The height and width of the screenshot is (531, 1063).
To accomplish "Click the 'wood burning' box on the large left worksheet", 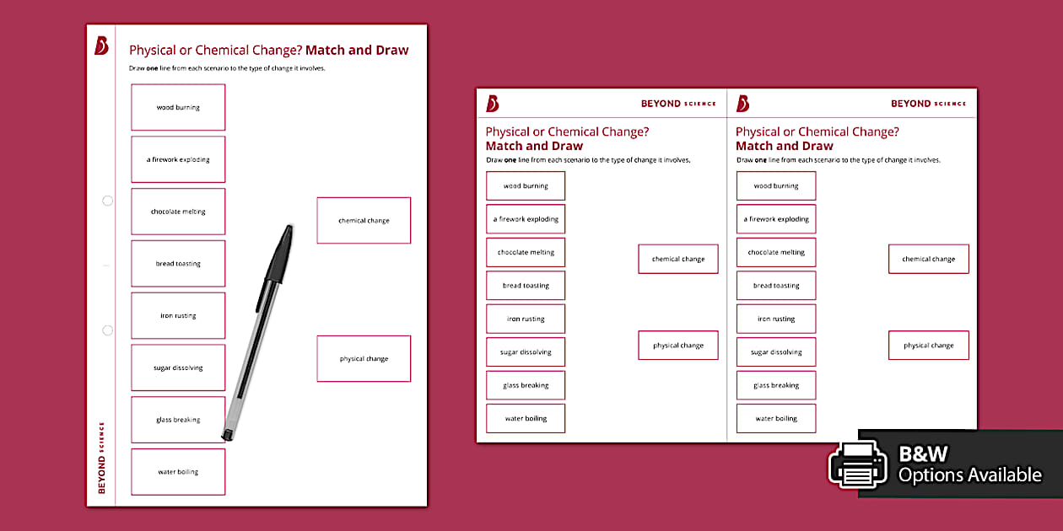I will [x=178, y=107].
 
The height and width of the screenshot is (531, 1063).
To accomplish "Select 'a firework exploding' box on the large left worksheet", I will [x=178, y=159].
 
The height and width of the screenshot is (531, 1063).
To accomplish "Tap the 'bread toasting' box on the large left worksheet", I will [x=178, y=264].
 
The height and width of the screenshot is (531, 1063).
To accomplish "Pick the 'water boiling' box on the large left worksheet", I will [x=178, y=472].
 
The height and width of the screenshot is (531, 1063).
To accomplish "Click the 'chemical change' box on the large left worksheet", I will [x=364, y=221].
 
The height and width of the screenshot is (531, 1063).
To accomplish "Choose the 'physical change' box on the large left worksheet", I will [x=364, y=359].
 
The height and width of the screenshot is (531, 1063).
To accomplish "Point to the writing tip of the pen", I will [x=226, y=437].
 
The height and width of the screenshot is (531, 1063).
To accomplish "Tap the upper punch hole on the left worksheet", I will [x=107, y=201].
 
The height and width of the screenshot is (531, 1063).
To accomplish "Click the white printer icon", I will [x=857, y=464].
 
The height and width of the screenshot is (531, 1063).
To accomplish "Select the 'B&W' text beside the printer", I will [x=923, y=454].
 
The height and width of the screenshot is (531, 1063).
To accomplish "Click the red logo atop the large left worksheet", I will [x=101, y=46].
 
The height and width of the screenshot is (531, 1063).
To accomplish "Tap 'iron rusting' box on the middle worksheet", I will [x=526, y=319].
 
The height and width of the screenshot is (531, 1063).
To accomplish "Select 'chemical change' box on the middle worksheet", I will [x=678, y=260].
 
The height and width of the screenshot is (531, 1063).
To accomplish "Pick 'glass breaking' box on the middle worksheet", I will [x=526, y=385].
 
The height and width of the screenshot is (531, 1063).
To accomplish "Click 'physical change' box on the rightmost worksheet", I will [x=928, y=346].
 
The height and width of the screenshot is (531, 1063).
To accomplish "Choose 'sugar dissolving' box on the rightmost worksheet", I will [x=776, y=352].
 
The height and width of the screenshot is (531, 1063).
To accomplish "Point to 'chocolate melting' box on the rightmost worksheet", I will [x=776, y=252].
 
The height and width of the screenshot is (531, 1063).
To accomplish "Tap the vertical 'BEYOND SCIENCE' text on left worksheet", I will [x=102, y=457].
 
